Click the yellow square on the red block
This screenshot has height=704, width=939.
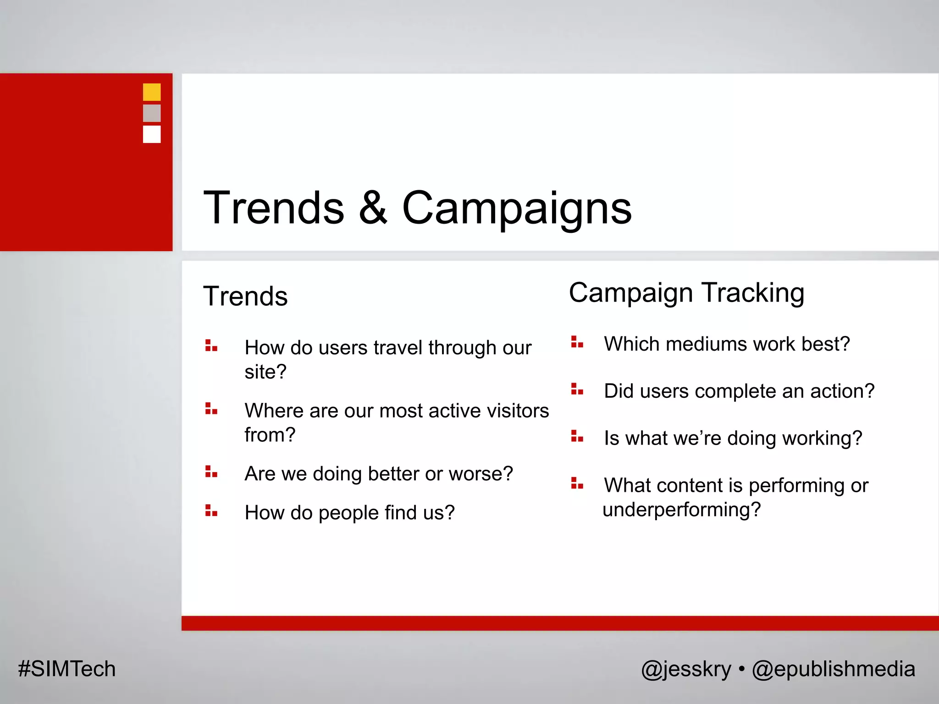(152, 92)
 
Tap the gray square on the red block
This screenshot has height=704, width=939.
(152, 113)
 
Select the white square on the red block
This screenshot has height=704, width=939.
(152, 134)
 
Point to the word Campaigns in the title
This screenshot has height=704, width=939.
(517, 209)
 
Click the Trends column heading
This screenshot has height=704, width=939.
(245, 296)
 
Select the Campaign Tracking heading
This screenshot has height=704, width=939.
(686, 293)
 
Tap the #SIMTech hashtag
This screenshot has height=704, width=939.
(67, 669)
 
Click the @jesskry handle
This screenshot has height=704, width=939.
(686, 669)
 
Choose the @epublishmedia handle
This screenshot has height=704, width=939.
(833, 669)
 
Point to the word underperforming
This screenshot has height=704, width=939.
(681, 509)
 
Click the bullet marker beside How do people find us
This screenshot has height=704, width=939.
(211, 511)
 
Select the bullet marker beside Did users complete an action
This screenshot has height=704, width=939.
(577, 389)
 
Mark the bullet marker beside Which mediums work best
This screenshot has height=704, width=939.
(577, 342)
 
